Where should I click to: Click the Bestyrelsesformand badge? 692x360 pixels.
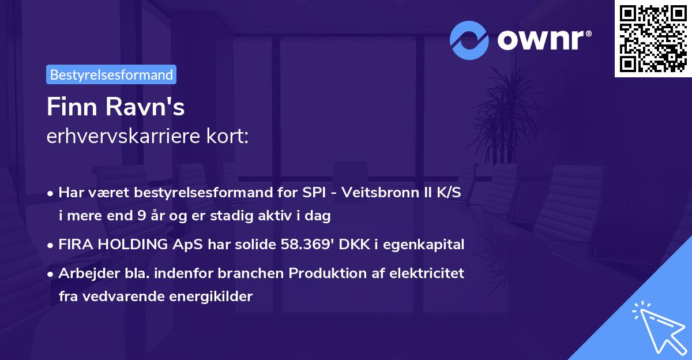pos(111,74)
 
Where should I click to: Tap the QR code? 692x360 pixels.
pos(653,39)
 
